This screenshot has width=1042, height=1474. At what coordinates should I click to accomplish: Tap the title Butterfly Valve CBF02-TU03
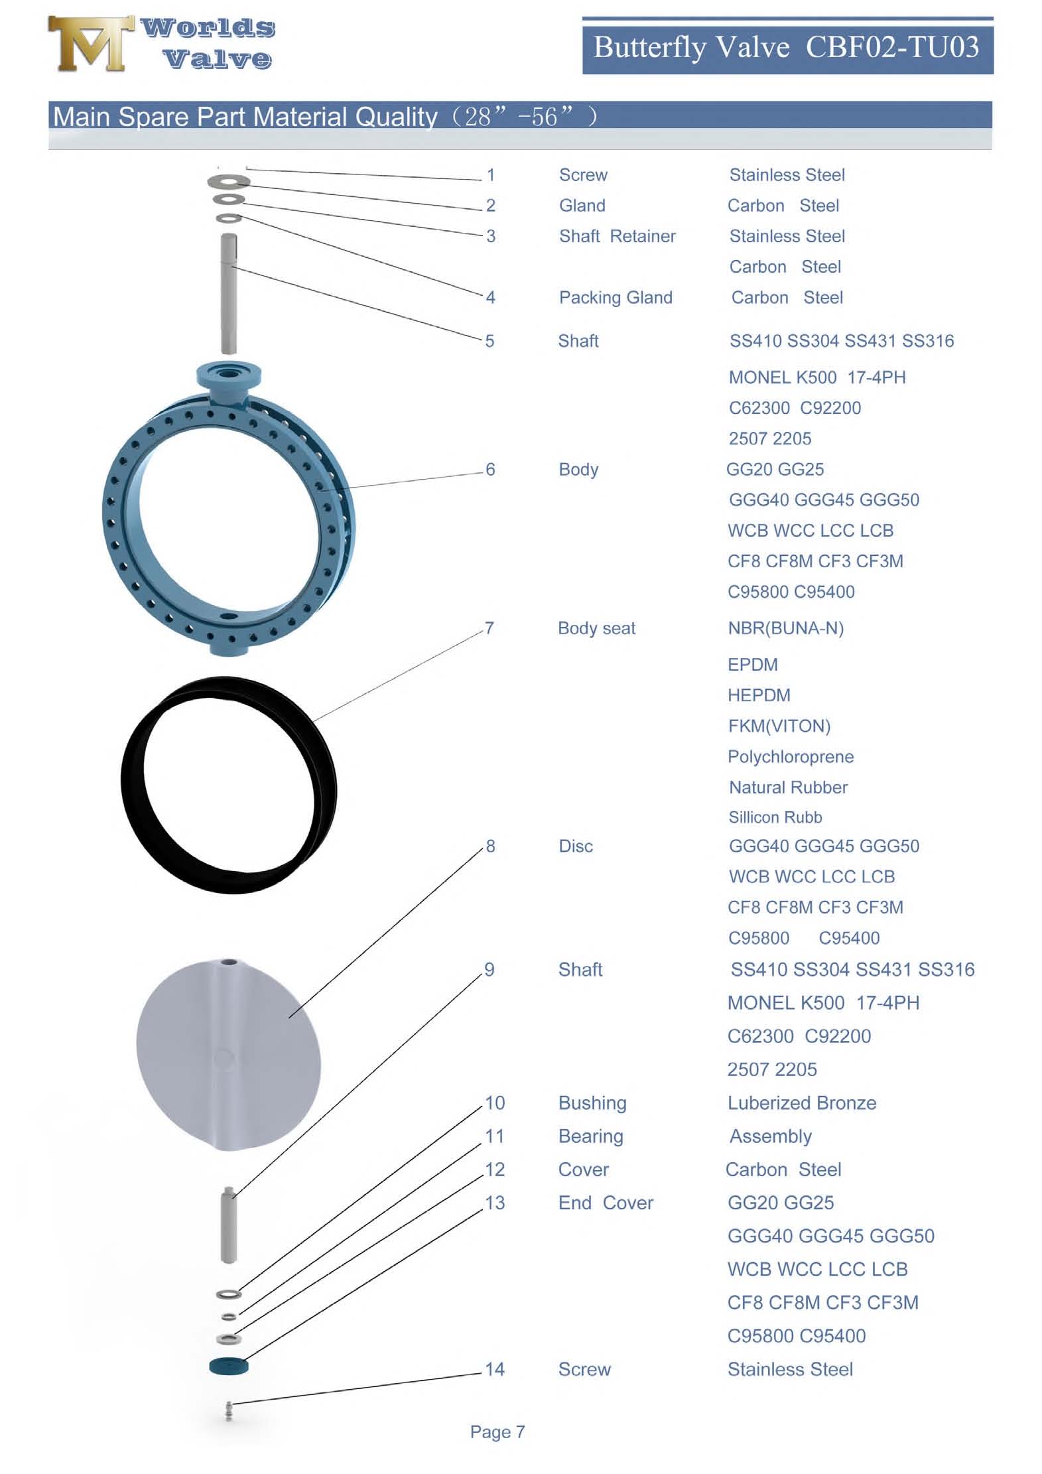(x=786, y=48)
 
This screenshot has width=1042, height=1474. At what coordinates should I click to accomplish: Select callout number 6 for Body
(x=490, y=470)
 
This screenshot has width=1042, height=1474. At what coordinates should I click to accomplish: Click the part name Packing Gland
(x=616, y=298)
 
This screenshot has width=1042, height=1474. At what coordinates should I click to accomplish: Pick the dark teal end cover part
(x=228, y=1366)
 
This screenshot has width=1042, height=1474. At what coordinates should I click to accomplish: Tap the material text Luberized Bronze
(x=801, y=1103)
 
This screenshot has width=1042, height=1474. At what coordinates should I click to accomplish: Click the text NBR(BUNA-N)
(x=785, y=628)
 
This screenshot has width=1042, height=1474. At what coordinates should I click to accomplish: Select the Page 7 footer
(x=497, y=1432)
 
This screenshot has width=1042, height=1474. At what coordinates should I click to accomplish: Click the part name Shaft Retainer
(x=617, y=237)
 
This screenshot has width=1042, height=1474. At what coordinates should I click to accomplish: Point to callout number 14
(x=495, y=1369)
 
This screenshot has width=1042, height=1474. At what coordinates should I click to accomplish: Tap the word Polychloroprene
(x=790, y=757)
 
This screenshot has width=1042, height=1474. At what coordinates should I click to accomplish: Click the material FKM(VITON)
(x=779, y=726)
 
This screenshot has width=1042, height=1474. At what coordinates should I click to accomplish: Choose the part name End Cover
(x=606, y=1203)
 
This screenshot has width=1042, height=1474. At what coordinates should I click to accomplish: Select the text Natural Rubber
(x=788, y=787)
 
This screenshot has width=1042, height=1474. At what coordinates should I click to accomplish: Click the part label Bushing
(x=592, y=1103)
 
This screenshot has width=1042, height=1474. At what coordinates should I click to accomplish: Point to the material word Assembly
(x=770, y=1136)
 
